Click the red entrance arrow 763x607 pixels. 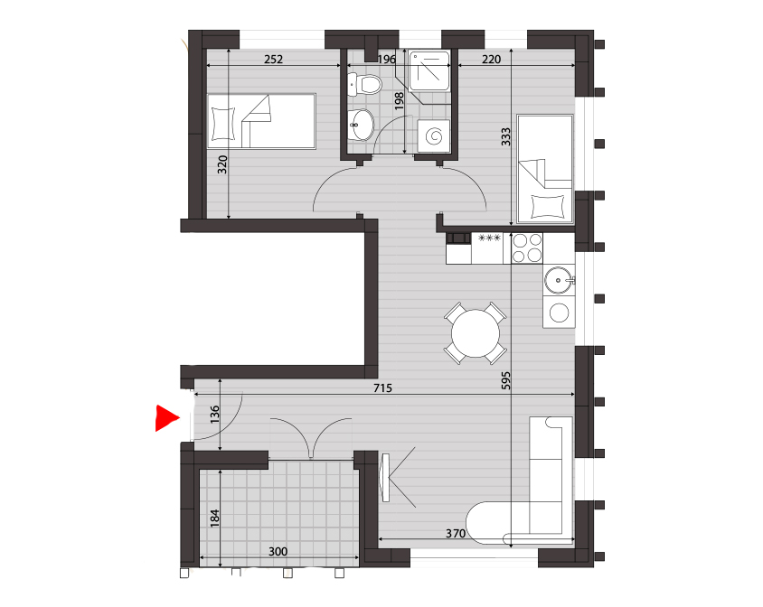point(166,418)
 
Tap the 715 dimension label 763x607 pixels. point(382,388)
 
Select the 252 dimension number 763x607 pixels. point(273,60)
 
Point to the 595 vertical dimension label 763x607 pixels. point(505,380)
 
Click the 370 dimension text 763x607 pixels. point(456,534)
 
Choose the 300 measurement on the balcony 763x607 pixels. point(278,552)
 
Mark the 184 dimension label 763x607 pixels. point(214,518)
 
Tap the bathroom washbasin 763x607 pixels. point(361,124)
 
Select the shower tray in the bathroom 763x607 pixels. point(429,71)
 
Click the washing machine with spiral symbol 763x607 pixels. point(434,135)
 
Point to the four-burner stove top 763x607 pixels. point(527,248)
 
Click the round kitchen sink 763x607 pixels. point(559,280)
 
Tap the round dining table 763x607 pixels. point(475,333)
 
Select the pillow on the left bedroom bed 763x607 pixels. point(223,124)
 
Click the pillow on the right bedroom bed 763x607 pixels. point(546,206)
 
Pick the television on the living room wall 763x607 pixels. point(385,478)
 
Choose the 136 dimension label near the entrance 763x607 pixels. point(214,415)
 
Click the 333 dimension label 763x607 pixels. point(505,136)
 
